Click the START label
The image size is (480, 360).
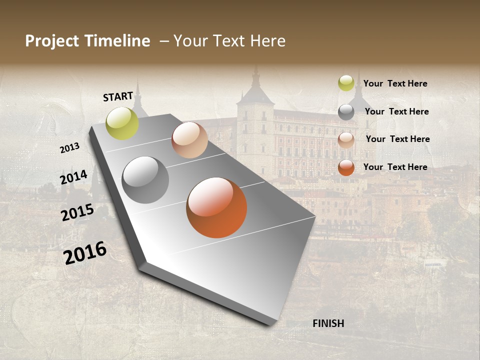coord(118,96)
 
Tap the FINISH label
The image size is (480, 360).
coord(328,323)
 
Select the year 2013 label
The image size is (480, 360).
coord(70,147)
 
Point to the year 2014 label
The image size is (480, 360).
coord(74,177)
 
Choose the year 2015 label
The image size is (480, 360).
coord(77,212)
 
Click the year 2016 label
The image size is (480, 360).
coord(85,252)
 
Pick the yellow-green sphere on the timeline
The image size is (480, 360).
coord(122,123)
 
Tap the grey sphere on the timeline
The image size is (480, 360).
coord(145,179)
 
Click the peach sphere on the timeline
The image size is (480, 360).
coord(189,140)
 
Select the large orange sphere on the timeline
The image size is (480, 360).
coord(216,207)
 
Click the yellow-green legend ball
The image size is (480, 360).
coord(346,83)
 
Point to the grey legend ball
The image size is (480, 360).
coord(346,112)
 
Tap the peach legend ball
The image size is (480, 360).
coord(346,140)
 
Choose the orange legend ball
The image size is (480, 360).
coord(346,167)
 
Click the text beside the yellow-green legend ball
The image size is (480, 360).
coord(395,83)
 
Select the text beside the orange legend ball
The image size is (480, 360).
coord(395,167)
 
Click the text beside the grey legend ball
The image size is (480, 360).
coord(396,111)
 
